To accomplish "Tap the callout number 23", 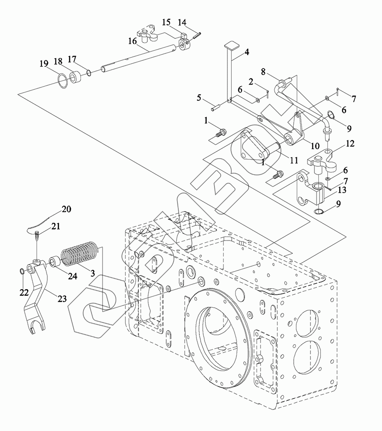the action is coord(62,299).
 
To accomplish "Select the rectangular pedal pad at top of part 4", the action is coord(231,45).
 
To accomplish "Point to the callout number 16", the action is coord(132,41).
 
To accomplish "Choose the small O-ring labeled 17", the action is coord(89,73).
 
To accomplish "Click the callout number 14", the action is coord(182,22).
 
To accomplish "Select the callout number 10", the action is coord(315,146).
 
